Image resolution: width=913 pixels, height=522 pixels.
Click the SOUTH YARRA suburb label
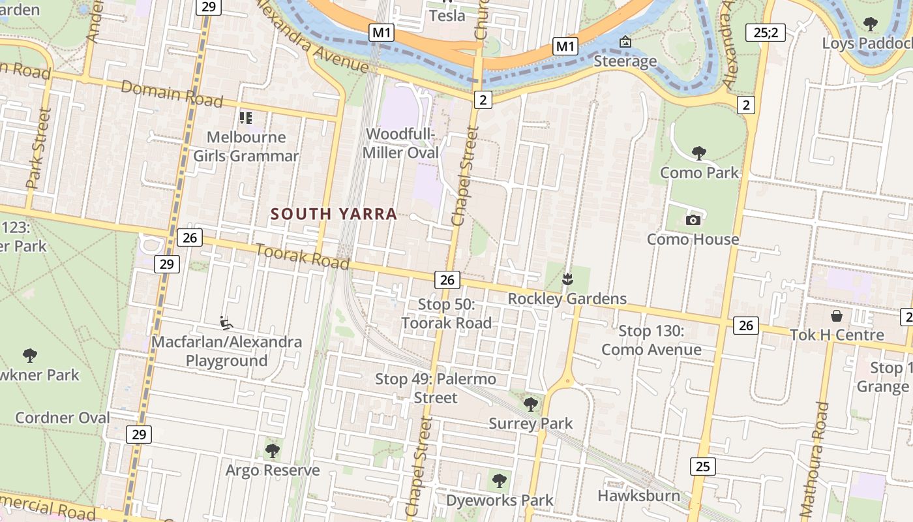click(333, 214)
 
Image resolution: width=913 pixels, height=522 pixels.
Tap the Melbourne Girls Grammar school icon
click(245, 118)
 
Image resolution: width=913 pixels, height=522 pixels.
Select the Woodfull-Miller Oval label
click(401, 144)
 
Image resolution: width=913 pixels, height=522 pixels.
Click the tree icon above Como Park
click(698, 153)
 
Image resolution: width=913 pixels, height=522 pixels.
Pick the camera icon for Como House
click(693, 220)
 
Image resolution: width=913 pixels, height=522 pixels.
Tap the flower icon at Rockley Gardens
click(567, 279)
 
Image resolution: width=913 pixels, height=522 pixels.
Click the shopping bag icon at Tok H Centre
click(837, 316)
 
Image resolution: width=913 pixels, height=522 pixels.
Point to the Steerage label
click(625, 61)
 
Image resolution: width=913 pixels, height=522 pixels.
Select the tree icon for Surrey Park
click(531, 404)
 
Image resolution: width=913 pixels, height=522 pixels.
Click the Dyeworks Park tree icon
click(500, 481)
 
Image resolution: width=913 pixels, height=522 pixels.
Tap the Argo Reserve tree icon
click(272, 450)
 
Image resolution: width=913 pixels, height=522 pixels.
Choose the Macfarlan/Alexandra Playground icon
click(226, 322)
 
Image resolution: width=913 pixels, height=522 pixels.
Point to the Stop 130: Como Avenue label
click(651, 341)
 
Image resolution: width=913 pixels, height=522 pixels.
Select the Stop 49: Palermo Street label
click(436, 388)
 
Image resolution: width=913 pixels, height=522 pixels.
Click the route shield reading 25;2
click(766, 32)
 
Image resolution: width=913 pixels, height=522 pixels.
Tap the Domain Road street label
click(172, 95)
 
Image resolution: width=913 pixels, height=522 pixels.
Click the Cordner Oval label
click(63, 418)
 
